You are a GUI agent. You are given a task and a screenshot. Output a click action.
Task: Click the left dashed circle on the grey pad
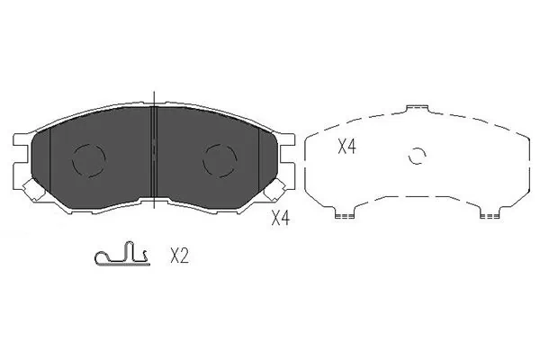pyautogui.click(x=88, y=161)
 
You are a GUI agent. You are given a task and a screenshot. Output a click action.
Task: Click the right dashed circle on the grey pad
pyautogui.click(x=220, y=160)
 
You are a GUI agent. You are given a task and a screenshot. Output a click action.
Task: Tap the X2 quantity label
pyautogui.click(x=179, y=256)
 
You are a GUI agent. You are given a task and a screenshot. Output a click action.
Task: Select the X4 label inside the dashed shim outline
pyautogui.click(x=346, y=148)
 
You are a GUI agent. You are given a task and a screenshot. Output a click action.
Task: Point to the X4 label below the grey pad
pyautogui.click(x=281, y=217)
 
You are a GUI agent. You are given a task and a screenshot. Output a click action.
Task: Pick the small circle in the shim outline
pyautogui.click(x=416, y=156)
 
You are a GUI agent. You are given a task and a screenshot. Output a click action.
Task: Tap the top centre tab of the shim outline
pyautogui.click(x=417, y=110)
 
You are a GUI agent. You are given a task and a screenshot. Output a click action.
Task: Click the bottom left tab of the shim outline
pyautogui.click(x=341, y=214)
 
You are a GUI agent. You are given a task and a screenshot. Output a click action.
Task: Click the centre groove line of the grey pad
pyautogui.click(x=155, y=153)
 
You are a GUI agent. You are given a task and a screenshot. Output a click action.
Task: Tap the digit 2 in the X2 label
pyautogui.click(x=184, y=256)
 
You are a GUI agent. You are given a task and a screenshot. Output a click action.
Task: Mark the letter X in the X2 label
pyautogui.click(x=174, y=256)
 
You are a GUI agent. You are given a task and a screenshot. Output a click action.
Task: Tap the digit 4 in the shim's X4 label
pyautogui.click(x=352, y=148)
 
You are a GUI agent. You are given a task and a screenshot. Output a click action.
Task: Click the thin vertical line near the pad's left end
pyautogui.click(x=50, y=162)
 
